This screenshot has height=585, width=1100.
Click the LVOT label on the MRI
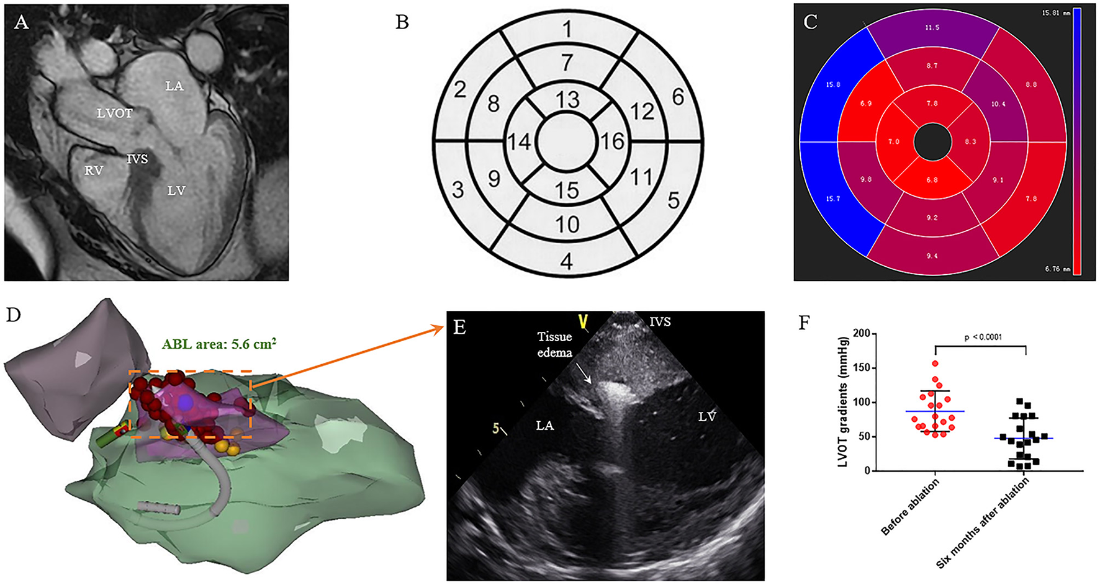114,114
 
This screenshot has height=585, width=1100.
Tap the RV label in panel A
94,170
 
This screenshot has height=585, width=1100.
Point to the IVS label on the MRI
137,159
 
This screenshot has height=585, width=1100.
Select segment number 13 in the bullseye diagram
567,100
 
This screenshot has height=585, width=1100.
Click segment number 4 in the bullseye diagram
566,261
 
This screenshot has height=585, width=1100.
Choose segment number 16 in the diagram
611,142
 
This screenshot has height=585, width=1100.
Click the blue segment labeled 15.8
833,84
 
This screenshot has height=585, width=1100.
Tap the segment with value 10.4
998,104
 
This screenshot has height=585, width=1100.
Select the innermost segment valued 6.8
932,180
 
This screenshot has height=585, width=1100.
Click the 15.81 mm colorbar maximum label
1055,13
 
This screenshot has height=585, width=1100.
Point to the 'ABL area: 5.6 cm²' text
219,344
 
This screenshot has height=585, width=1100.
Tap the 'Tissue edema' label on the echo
554,344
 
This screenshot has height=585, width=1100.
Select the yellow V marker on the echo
582,321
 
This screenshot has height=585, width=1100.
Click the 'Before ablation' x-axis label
911,507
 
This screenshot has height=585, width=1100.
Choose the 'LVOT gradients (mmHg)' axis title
842,401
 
